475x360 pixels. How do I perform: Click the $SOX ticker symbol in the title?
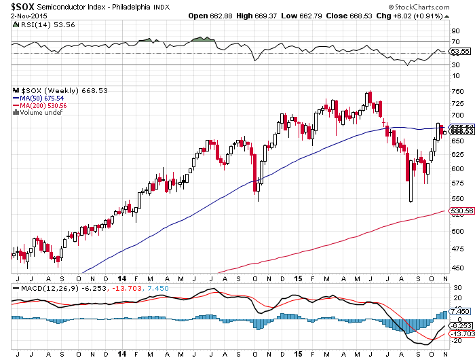pyautogui.click(x=24, y=7)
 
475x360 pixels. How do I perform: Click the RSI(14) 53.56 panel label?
pyautogui.click(x=35, y=25)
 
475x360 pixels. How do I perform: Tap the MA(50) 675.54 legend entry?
pyautogui.click(x=40, y=98)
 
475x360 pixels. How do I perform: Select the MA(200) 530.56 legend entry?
pyautogui.click(x=42, y=105)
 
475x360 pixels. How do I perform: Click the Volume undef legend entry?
pyautogui.click(x=39, y=113)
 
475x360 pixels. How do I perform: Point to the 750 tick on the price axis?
pyautogui.click(x=455, y=93)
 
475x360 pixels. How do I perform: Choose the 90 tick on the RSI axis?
pyautogui.click(x=453, y=31)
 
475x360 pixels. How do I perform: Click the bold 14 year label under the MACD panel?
pyautogui.click(x=121, y=354)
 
